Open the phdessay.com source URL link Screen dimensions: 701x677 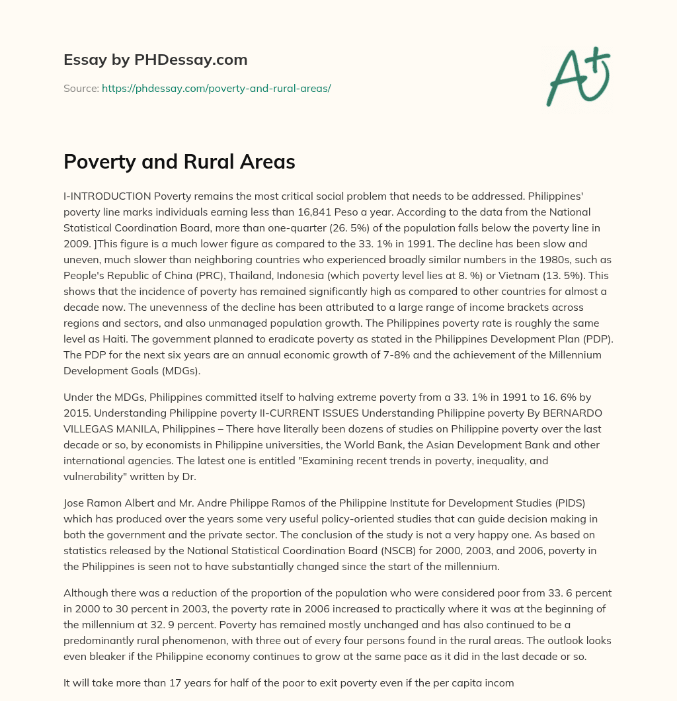point(216,88)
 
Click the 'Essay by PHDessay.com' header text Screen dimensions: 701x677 point(155,60)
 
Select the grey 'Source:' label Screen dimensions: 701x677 point(81,88)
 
